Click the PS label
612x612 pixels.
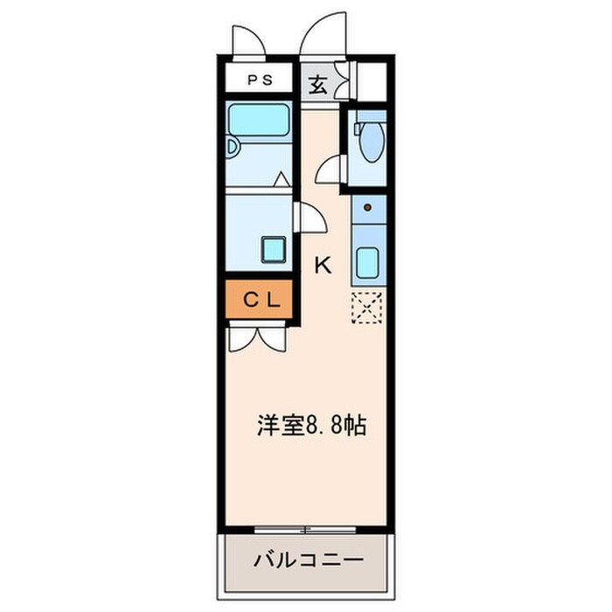(x=259, y=80)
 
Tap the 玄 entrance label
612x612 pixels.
(x=318, y=85)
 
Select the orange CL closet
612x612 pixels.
(x=261, y=300)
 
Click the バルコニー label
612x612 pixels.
(x=307, y=560)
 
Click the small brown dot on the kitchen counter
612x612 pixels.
(x=368, y=207)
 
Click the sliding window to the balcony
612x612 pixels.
(x=305, y=529)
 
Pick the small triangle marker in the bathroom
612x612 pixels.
(x=281, y=179)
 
